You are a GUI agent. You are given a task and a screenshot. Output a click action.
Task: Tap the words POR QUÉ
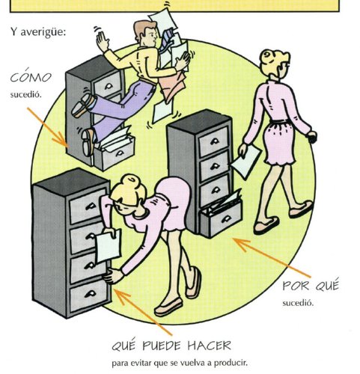311,285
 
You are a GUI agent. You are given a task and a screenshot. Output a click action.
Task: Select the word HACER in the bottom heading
210,346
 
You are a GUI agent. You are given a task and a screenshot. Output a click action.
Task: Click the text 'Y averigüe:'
38,32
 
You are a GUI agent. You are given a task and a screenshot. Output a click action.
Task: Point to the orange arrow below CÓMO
48,128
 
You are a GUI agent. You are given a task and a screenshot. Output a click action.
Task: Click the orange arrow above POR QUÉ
272,257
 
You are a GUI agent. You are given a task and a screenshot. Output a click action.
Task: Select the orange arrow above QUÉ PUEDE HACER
143,312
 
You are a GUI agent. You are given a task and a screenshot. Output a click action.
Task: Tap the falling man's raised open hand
103,40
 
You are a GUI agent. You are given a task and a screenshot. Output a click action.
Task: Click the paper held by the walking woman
245,161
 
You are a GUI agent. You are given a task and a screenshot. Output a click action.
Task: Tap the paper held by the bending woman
108,246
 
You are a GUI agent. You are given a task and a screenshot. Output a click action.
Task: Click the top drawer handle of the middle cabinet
214,141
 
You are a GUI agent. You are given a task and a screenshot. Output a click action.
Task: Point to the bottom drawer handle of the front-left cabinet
91,294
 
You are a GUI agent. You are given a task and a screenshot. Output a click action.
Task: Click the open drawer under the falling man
115,152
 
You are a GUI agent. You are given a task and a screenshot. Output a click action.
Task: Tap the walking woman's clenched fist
312,137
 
